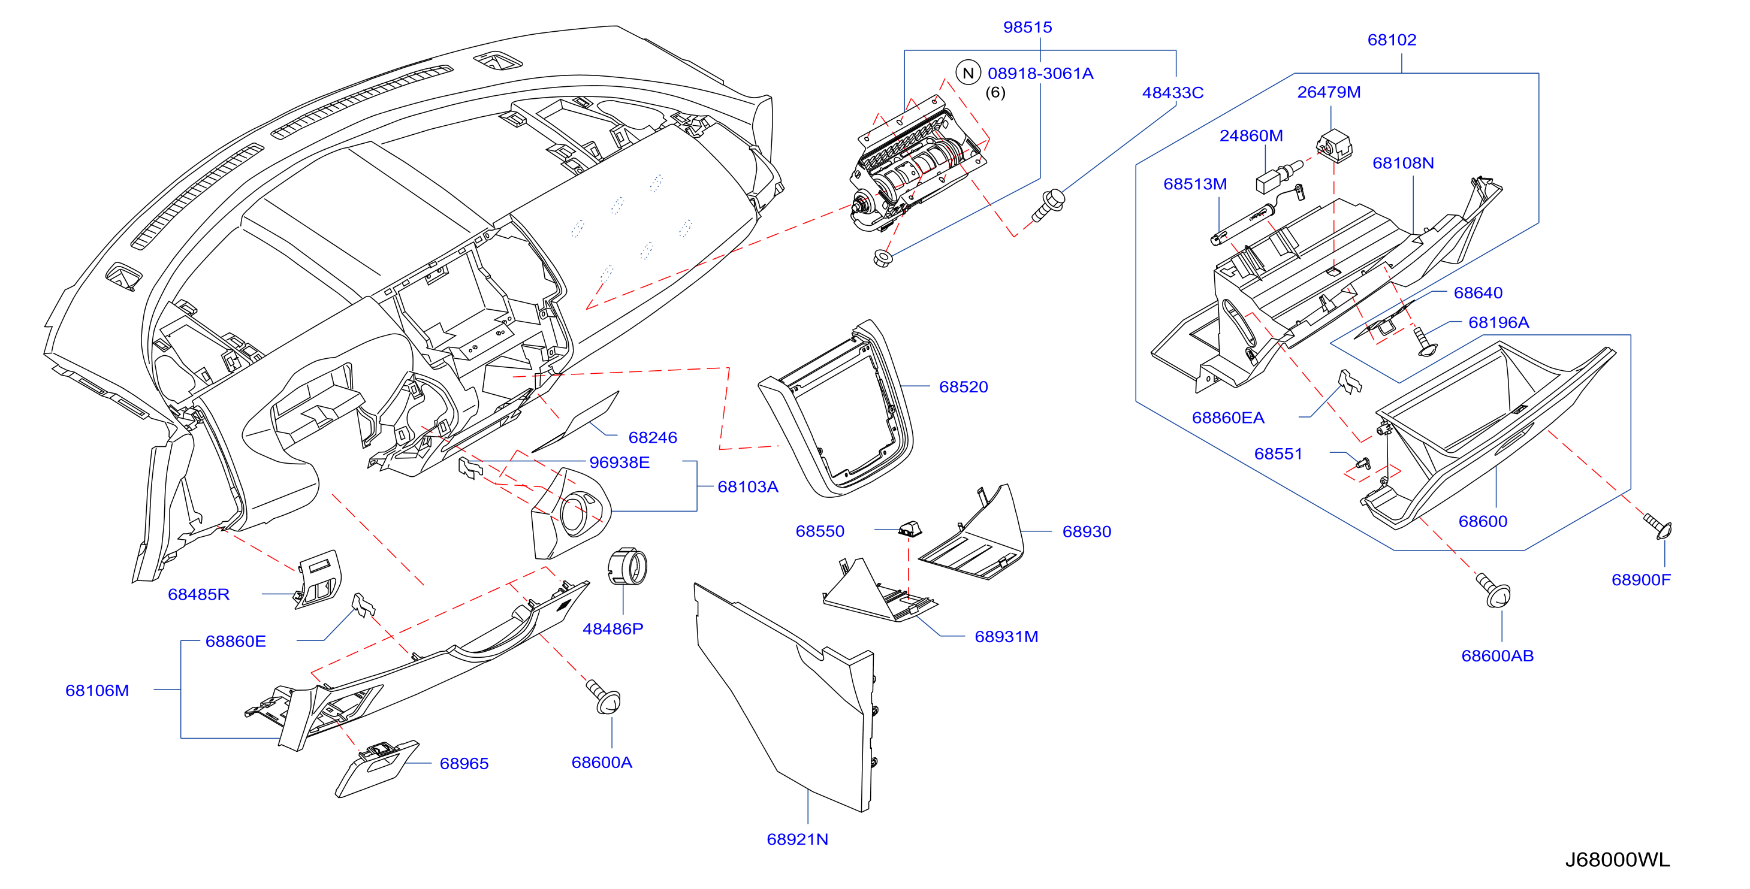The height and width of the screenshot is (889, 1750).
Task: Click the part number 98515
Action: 1027,27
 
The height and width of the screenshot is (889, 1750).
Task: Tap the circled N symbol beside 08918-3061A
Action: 968,72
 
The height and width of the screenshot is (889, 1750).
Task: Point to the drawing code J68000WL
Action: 1617,859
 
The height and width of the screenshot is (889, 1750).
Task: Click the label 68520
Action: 963,386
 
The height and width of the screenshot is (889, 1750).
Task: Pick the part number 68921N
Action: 797,839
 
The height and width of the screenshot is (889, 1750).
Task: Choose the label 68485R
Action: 198,594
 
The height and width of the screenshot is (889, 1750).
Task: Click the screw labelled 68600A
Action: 604,697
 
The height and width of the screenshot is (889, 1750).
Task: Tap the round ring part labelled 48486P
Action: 627,566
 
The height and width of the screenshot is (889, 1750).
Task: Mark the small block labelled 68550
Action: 910,528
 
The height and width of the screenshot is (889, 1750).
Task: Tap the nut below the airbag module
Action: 882,258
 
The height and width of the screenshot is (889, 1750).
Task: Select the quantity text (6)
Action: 995,92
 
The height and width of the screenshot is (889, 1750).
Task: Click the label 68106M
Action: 97,690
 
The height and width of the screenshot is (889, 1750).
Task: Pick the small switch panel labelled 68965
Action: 377,769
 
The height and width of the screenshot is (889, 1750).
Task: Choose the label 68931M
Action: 1006,636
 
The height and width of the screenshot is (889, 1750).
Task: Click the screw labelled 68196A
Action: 1424,341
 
